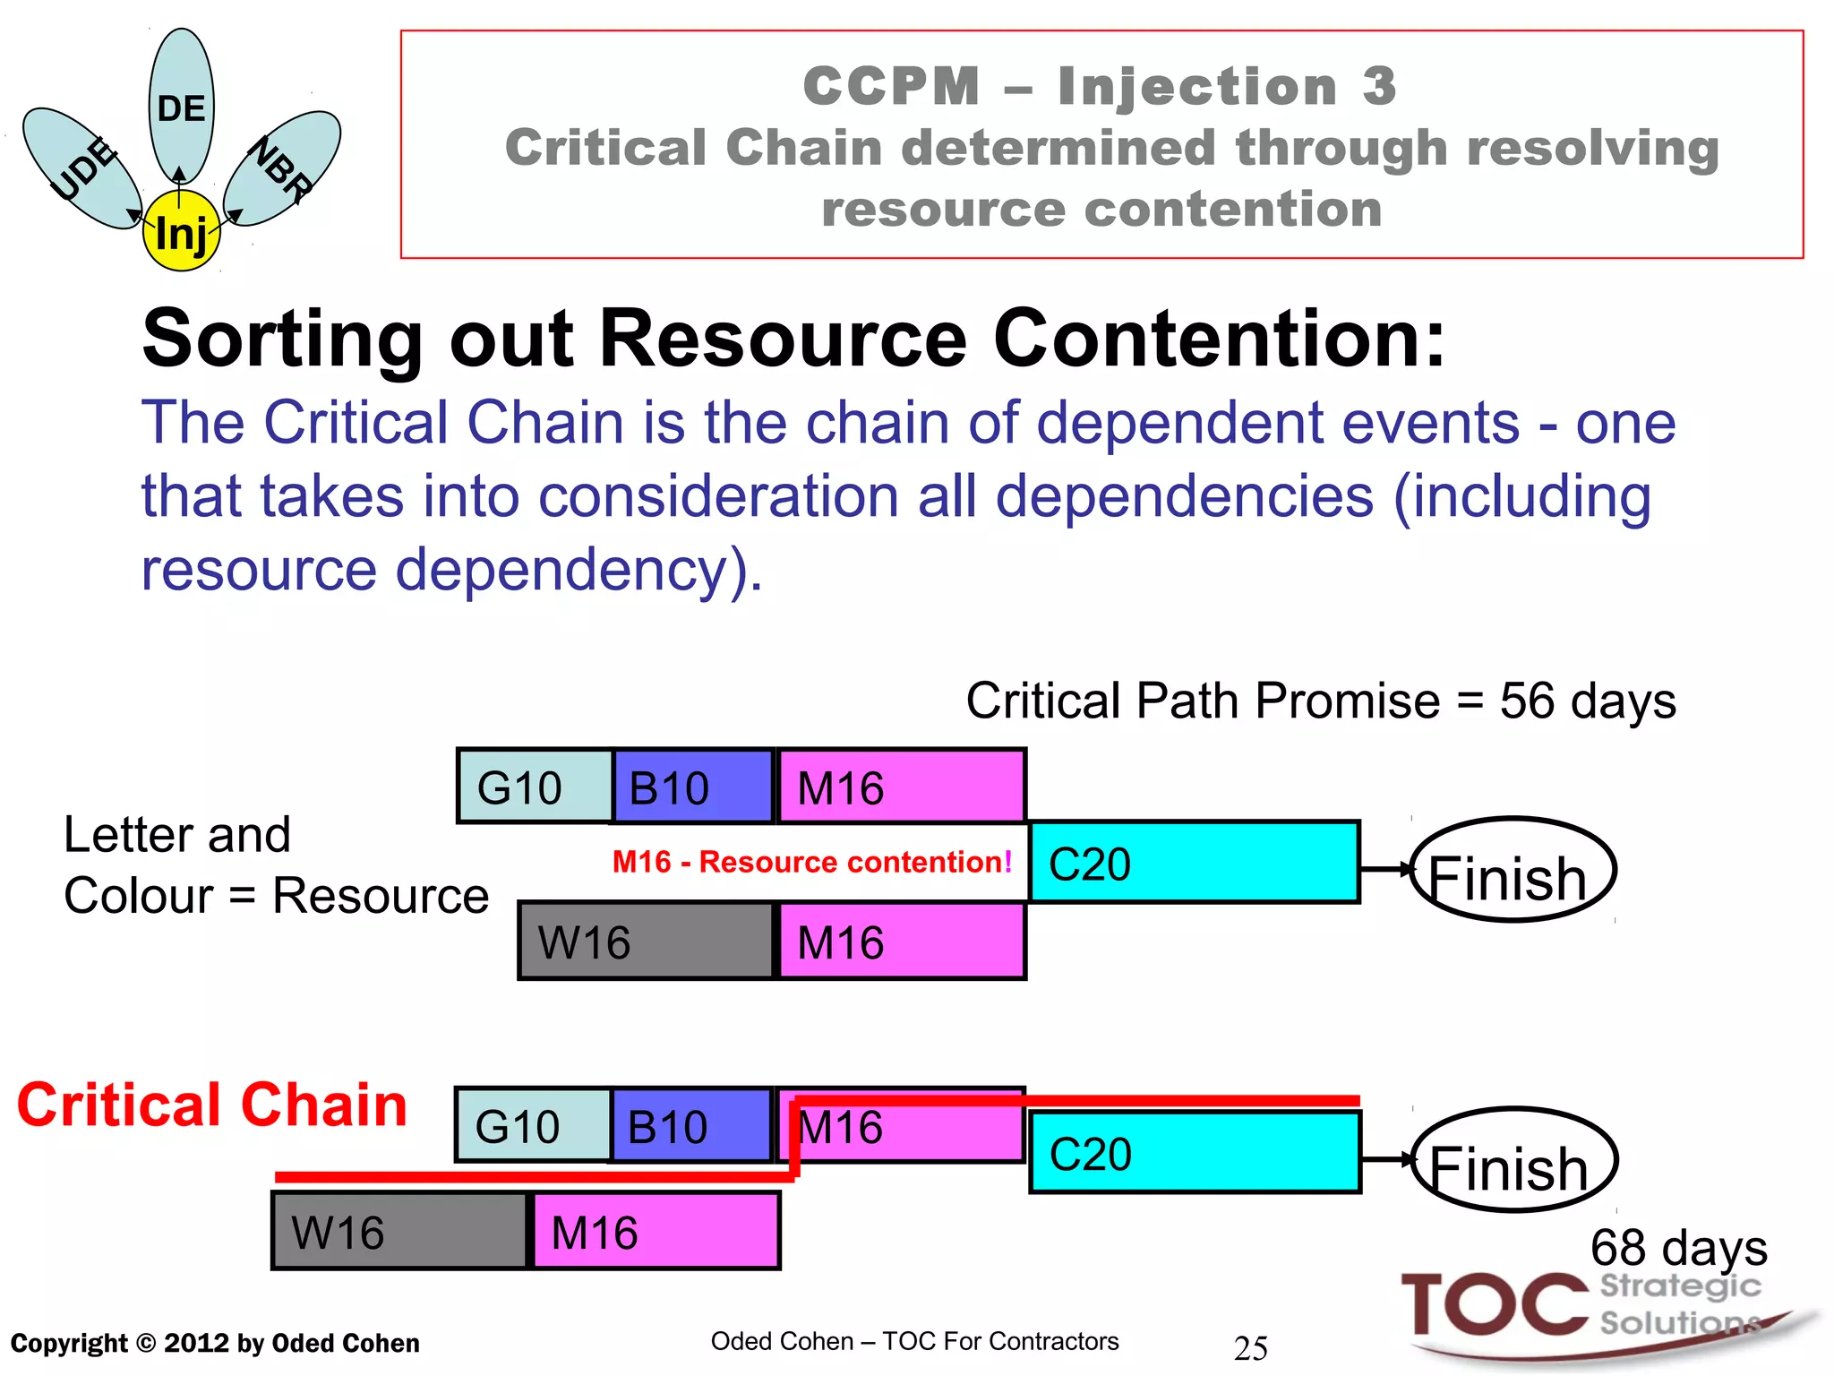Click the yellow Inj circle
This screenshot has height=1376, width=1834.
point(181,231)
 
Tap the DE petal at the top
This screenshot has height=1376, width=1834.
point(182,99)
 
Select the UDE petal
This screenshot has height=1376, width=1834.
point(81,167)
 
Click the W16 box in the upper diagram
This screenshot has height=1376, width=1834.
point(645,941)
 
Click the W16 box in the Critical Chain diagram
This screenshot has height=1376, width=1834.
point(399,1231)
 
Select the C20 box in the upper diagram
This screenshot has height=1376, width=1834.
point(1194,862)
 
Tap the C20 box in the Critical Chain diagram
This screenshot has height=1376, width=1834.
point(1195,1153)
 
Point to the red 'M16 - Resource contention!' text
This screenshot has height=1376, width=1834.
point(811,862)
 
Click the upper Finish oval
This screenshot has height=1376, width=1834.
point(1513,870)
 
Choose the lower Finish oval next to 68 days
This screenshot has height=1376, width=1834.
point(1514,1160)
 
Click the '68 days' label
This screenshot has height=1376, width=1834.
point(1678,1247)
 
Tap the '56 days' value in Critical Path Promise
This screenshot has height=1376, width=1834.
point(1587,701)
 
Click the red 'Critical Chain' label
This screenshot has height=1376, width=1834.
point(212,1105)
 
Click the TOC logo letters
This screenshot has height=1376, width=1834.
point(1494,1304)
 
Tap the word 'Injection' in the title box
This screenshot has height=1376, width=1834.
point(1196,87)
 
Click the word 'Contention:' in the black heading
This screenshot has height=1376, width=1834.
point(1219,339)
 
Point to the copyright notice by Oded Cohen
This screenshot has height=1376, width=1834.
point(215,1343)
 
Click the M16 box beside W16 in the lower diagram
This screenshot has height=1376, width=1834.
point(656,1231)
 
